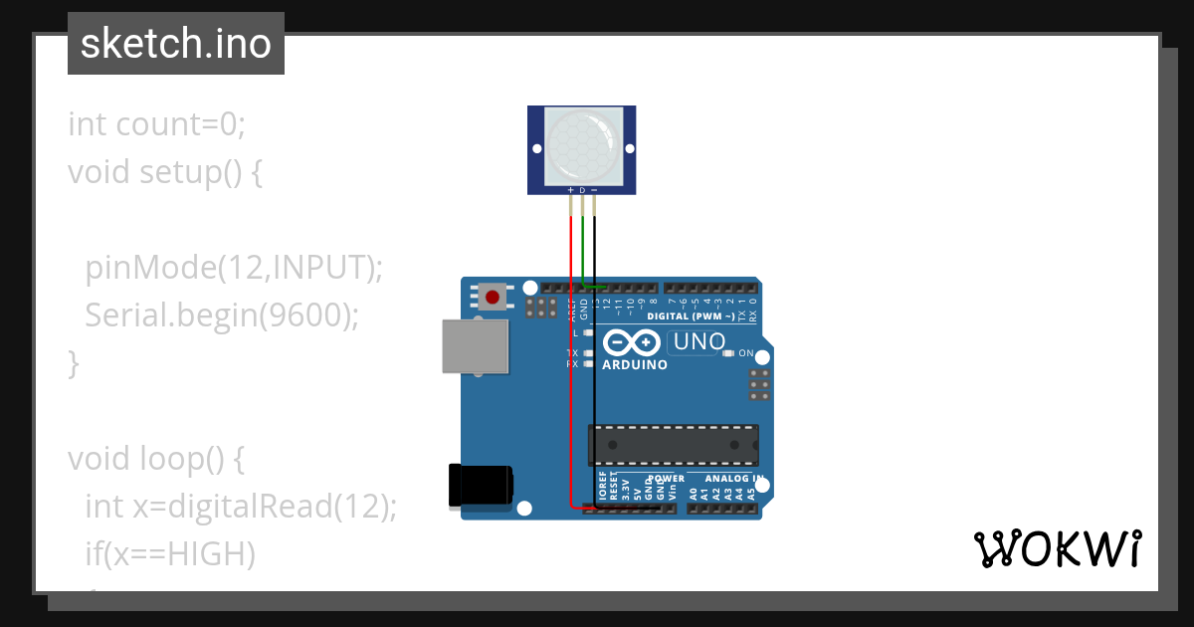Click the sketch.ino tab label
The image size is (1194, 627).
click(x=176, y=44)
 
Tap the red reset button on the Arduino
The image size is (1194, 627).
click(x=492, y=296)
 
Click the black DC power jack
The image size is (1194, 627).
click(x=481, y=486)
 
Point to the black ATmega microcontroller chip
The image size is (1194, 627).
click(x=673, y=445)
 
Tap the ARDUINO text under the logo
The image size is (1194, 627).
click(x=635, y=365)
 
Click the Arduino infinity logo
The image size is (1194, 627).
click(x=632, y=343)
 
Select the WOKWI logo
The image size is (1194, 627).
click(x=1057, y=548)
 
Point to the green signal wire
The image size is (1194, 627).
click(x=582, y=249)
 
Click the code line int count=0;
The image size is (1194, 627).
click(x=156, y=124)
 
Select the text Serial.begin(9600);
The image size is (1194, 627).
click(x=221, y=315)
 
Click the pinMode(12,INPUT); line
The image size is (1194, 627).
click(x=234, y=268)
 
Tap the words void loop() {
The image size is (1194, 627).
click(x=156, y=459)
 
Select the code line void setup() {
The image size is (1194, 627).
click(x=165, y=172)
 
